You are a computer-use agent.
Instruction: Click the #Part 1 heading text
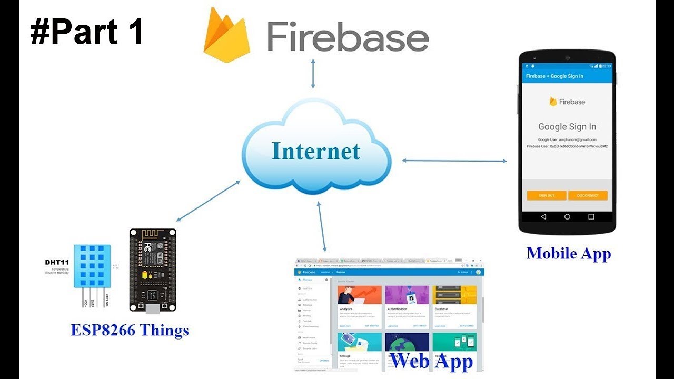pos(87,33)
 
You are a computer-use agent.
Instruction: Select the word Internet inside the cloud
pos(316,151)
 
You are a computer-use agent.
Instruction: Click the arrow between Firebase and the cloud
pos(313,73)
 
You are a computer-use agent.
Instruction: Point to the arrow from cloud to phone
pos(454,161)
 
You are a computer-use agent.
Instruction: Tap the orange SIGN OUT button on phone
pos(547,195)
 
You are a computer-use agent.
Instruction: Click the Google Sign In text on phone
pos(567,126)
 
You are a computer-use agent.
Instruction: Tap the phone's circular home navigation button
pos(567,217)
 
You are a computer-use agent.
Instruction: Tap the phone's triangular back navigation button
pos(543,217)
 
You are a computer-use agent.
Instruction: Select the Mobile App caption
pos(569,253)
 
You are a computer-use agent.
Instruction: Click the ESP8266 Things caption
pos(130,331)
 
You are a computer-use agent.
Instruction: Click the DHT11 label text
pos(56,261)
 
